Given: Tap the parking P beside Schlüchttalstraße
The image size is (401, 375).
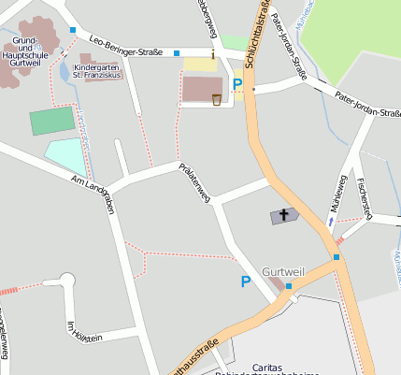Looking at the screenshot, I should (238, 85).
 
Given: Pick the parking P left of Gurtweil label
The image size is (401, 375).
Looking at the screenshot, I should (247, 281).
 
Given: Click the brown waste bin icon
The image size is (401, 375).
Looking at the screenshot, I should (217, 98).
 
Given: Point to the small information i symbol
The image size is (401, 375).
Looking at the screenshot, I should (213, 55).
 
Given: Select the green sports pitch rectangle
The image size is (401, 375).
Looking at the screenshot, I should (51, 122).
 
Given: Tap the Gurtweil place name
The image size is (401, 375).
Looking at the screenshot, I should (283, 271).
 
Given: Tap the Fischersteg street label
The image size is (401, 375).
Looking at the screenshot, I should (365, 194).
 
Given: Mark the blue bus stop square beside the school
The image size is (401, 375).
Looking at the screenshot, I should (73, 31).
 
